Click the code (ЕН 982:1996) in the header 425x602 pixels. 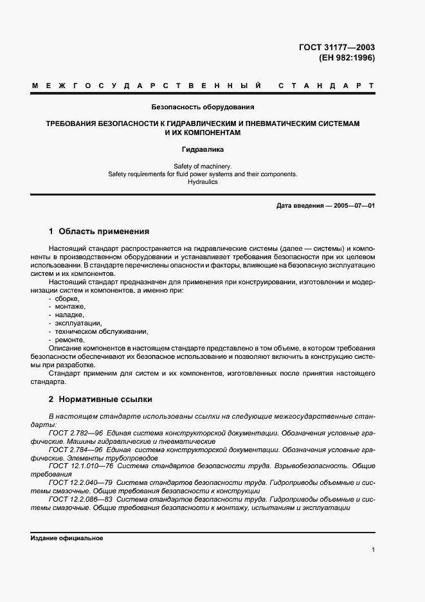click(x=347, y=57)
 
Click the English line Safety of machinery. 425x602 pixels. click(x=203, y=166)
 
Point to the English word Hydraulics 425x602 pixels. click(x=203, y=182)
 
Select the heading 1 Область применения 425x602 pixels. click(x=99, y=231)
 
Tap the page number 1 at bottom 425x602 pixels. click(x=373, y=550)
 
